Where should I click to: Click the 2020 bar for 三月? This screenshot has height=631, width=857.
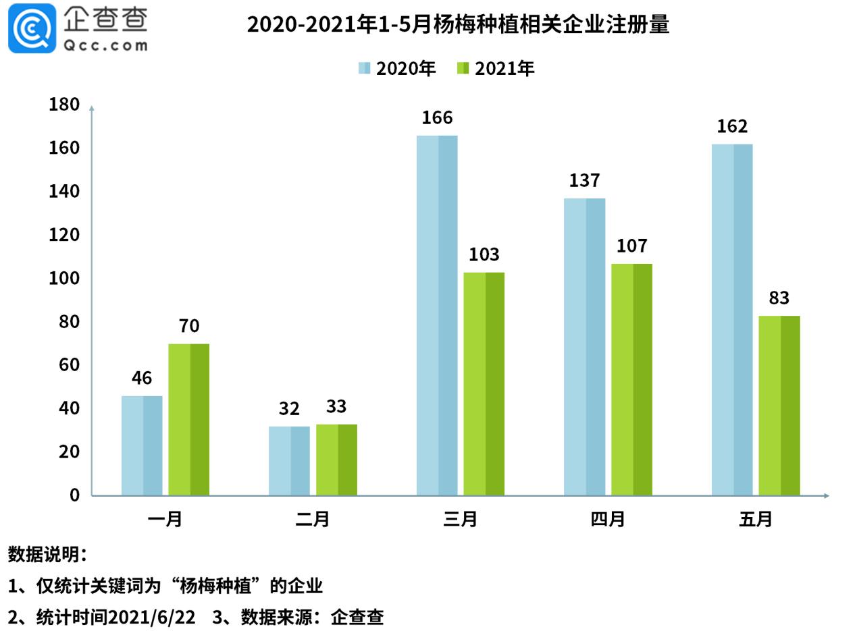click(436, 315)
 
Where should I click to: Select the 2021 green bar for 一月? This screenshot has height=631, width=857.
click(188, 419)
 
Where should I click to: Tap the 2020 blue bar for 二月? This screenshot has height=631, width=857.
click(289, 460)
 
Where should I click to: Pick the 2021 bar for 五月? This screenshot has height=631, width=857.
click(779, 405)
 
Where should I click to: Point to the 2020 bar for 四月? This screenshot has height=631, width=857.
click(584, 346)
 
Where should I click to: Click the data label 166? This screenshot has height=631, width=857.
click(437, 117)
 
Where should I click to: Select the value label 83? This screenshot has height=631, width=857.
click(779, 298)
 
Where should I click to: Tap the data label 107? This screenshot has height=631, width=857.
click(631, 246)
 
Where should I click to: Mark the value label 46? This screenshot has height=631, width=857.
click(142, 377)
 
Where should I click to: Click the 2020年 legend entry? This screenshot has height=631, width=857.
click(397, 68)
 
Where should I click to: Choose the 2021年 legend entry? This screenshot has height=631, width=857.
click(496, 68)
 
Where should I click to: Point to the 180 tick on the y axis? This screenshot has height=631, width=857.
click(64, 105)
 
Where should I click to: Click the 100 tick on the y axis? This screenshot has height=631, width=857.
click(64, 278)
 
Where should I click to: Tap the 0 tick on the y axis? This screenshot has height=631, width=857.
click(74, 495)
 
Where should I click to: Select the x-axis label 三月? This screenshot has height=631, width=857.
click(461, 519)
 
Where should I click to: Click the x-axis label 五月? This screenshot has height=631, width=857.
click(756, 519)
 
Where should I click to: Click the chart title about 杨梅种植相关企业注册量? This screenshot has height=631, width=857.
click(458, 24)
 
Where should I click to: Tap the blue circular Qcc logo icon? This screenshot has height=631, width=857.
click(32, 28)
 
